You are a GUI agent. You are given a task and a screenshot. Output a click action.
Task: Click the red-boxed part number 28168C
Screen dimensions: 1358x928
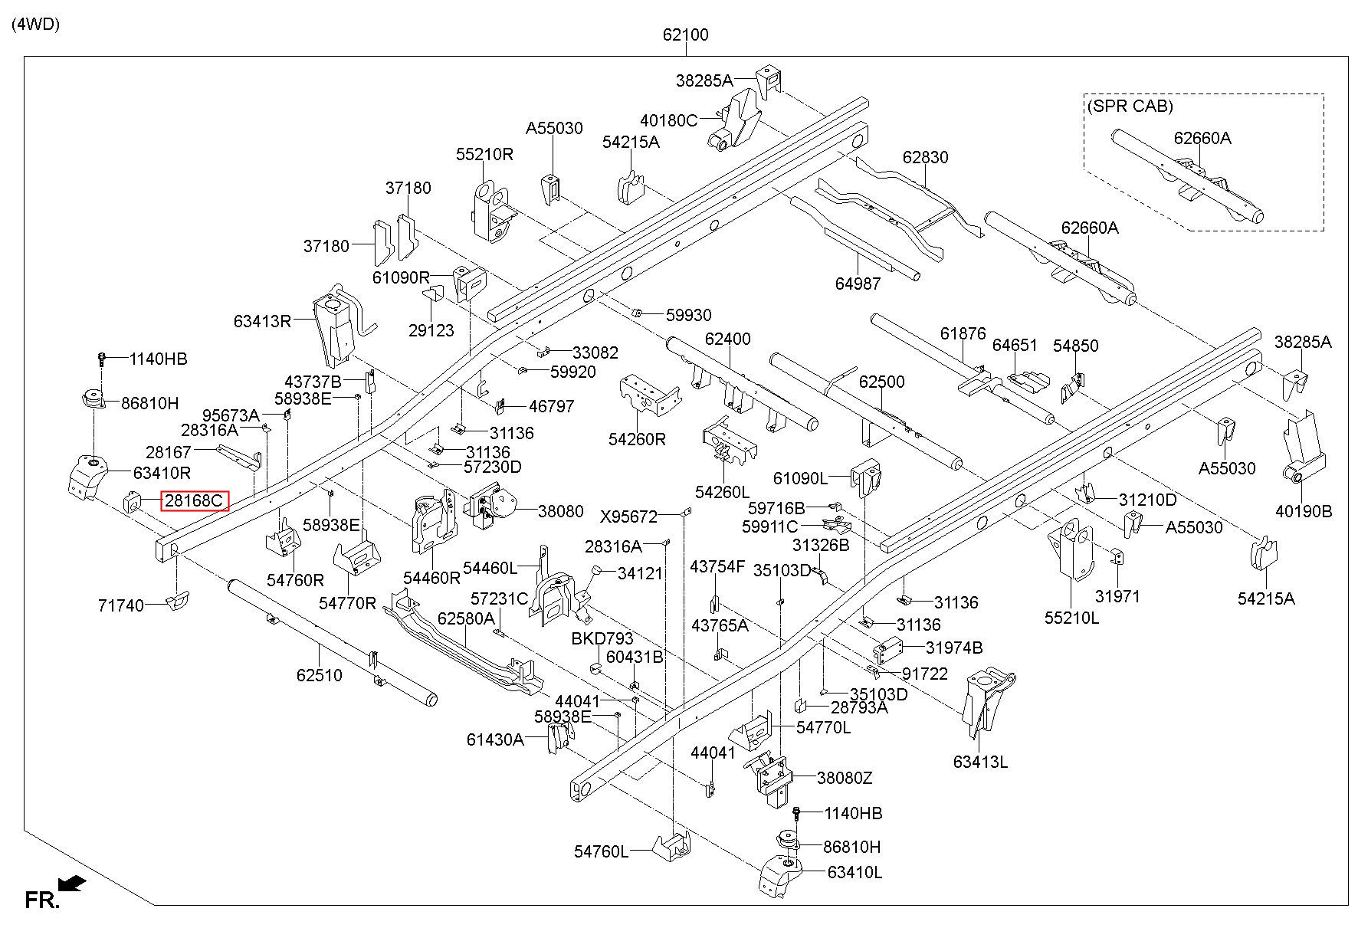[195, 501]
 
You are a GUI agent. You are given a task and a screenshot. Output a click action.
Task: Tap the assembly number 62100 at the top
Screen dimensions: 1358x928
[686, 34]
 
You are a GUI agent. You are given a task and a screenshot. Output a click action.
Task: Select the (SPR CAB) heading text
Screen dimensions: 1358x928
[1130, 106]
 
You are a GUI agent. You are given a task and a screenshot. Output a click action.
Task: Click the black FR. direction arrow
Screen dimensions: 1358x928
[72, 884]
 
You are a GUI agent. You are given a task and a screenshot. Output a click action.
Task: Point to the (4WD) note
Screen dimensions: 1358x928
[36, 24]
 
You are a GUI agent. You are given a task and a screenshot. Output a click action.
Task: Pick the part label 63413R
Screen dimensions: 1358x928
[263, 320]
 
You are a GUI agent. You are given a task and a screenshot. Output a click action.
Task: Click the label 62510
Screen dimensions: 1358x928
[319, 675]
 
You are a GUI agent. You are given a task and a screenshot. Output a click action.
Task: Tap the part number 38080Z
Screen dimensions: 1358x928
[845, 778]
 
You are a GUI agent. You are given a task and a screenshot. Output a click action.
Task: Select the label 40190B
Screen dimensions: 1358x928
[1304, 511]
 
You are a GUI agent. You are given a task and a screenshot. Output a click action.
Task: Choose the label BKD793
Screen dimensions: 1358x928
[602, 638]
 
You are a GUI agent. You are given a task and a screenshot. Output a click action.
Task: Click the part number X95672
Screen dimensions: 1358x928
[628, 516]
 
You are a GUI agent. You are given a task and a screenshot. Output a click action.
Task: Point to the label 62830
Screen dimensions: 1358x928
[925, 157]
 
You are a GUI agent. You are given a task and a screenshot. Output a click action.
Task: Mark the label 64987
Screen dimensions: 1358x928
[858, 284]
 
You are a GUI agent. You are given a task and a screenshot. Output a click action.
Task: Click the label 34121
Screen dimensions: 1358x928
[640, 573]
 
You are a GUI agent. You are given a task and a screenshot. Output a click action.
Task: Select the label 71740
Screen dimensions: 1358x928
[121, 605]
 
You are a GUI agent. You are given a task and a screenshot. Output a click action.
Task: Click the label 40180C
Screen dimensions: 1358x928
[669, 120]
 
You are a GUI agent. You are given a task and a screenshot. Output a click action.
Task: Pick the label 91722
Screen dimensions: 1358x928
[925, 674]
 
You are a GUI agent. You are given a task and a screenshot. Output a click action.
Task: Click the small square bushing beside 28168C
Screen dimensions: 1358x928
[131, 503]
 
